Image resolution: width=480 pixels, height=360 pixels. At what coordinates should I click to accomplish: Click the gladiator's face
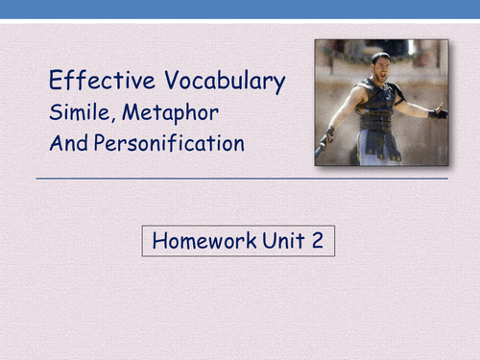pos(381,64)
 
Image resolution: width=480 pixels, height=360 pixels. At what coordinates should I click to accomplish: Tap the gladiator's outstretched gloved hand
pos(439,112)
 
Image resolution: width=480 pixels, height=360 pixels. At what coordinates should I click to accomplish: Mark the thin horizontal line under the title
pos(240,179)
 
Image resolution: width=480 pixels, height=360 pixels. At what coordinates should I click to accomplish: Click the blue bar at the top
pos(240,10)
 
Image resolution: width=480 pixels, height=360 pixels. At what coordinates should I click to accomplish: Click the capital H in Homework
pos(157,241)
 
